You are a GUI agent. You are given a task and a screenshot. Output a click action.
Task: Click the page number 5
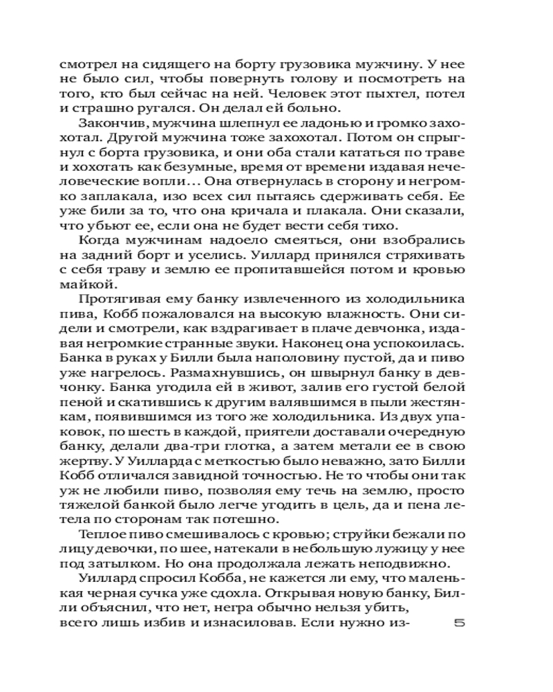(x=459, y=623)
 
